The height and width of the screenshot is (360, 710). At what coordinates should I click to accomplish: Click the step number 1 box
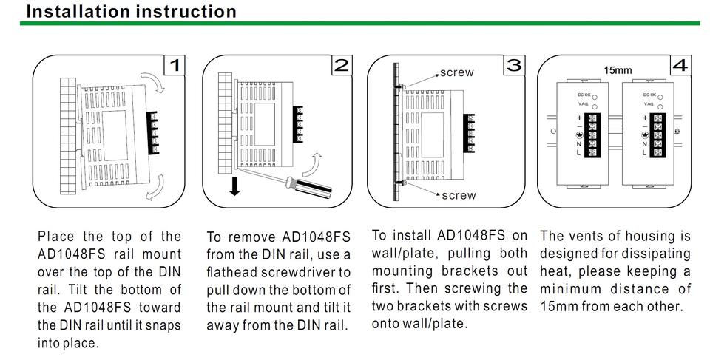tap(175, 66)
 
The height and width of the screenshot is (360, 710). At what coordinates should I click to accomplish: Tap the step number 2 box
tap(342, 66)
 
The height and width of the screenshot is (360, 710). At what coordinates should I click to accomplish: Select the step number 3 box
tap(514, 65)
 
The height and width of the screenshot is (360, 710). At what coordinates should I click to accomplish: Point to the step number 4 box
tap(680, 66)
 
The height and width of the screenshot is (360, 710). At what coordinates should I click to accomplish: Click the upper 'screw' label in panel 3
tap(457, 73)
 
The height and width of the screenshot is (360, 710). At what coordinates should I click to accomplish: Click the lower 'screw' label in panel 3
tap(459, 196)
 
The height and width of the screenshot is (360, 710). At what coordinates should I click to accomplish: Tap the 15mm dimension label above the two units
tap(618, 71)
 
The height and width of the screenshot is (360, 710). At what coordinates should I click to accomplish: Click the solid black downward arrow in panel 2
tap(234, 185)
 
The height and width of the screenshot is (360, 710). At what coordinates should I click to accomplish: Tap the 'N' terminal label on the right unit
tap(644, 144)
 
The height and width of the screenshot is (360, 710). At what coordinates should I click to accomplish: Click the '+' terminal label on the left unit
tap(580, 118)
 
